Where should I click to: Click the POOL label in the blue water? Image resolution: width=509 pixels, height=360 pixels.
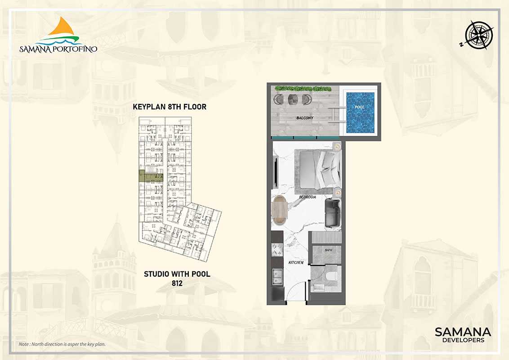click(359, 107)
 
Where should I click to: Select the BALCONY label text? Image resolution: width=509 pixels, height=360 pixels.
click(304, 118)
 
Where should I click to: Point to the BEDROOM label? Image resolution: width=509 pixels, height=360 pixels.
click(308, 197)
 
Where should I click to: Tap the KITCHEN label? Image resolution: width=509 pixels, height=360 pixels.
click(296, 262)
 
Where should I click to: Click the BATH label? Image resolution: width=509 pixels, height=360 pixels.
click(327, 250)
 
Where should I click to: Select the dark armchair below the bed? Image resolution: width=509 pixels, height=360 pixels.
click(333, 213)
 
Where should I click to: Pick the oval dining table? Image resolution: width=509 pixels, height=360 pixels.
click(280, 210)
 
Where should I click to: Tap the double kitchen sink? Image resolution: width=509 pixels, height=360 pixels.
click(277, 276)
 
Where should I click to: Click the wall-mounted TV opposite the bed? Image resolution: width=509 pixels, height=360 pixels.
click(276, 172)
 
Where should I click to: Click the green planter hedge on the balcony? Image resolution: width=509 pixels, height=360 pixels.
click(303, 88)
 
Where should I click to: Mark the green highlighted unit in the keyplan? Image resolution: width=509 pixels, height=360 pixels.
click(151, 176)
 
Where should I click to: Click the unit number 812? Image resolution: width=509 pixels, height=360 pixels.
click(177, 283)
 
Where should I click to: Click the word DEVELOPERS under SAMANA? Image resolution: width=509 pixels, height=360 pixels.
click(463, 340)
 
